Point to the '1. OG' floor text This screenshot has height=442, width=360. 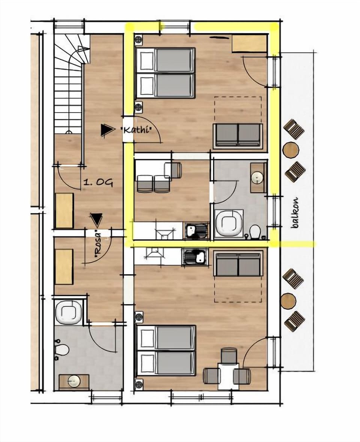[x=98, y=183]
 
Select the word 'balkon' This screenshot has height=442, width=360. [x=296, y=213]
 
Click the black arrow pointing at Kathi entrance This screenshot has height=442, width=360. [x=107, y=130]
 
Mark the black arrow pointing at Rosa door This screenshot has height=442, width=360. [x=96, y=219]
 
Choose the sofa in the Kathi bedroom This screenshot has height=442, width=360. [x=237, y=135]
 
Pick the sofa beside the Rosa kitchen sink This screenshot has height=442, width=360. [x=237, y=264]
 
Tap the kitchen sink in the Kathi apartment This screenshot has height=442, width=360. [x=196, y=230]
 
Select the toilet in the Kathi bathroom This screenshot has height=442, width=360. [x=255, y=232]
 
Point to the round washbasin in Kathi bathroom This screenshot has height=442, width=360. [x=258, y=177]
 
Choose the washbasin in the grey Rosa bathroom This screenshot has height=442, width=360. [x=74, y=382]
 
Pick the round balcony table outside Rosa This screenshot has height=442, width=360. [x=288, y=301]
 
